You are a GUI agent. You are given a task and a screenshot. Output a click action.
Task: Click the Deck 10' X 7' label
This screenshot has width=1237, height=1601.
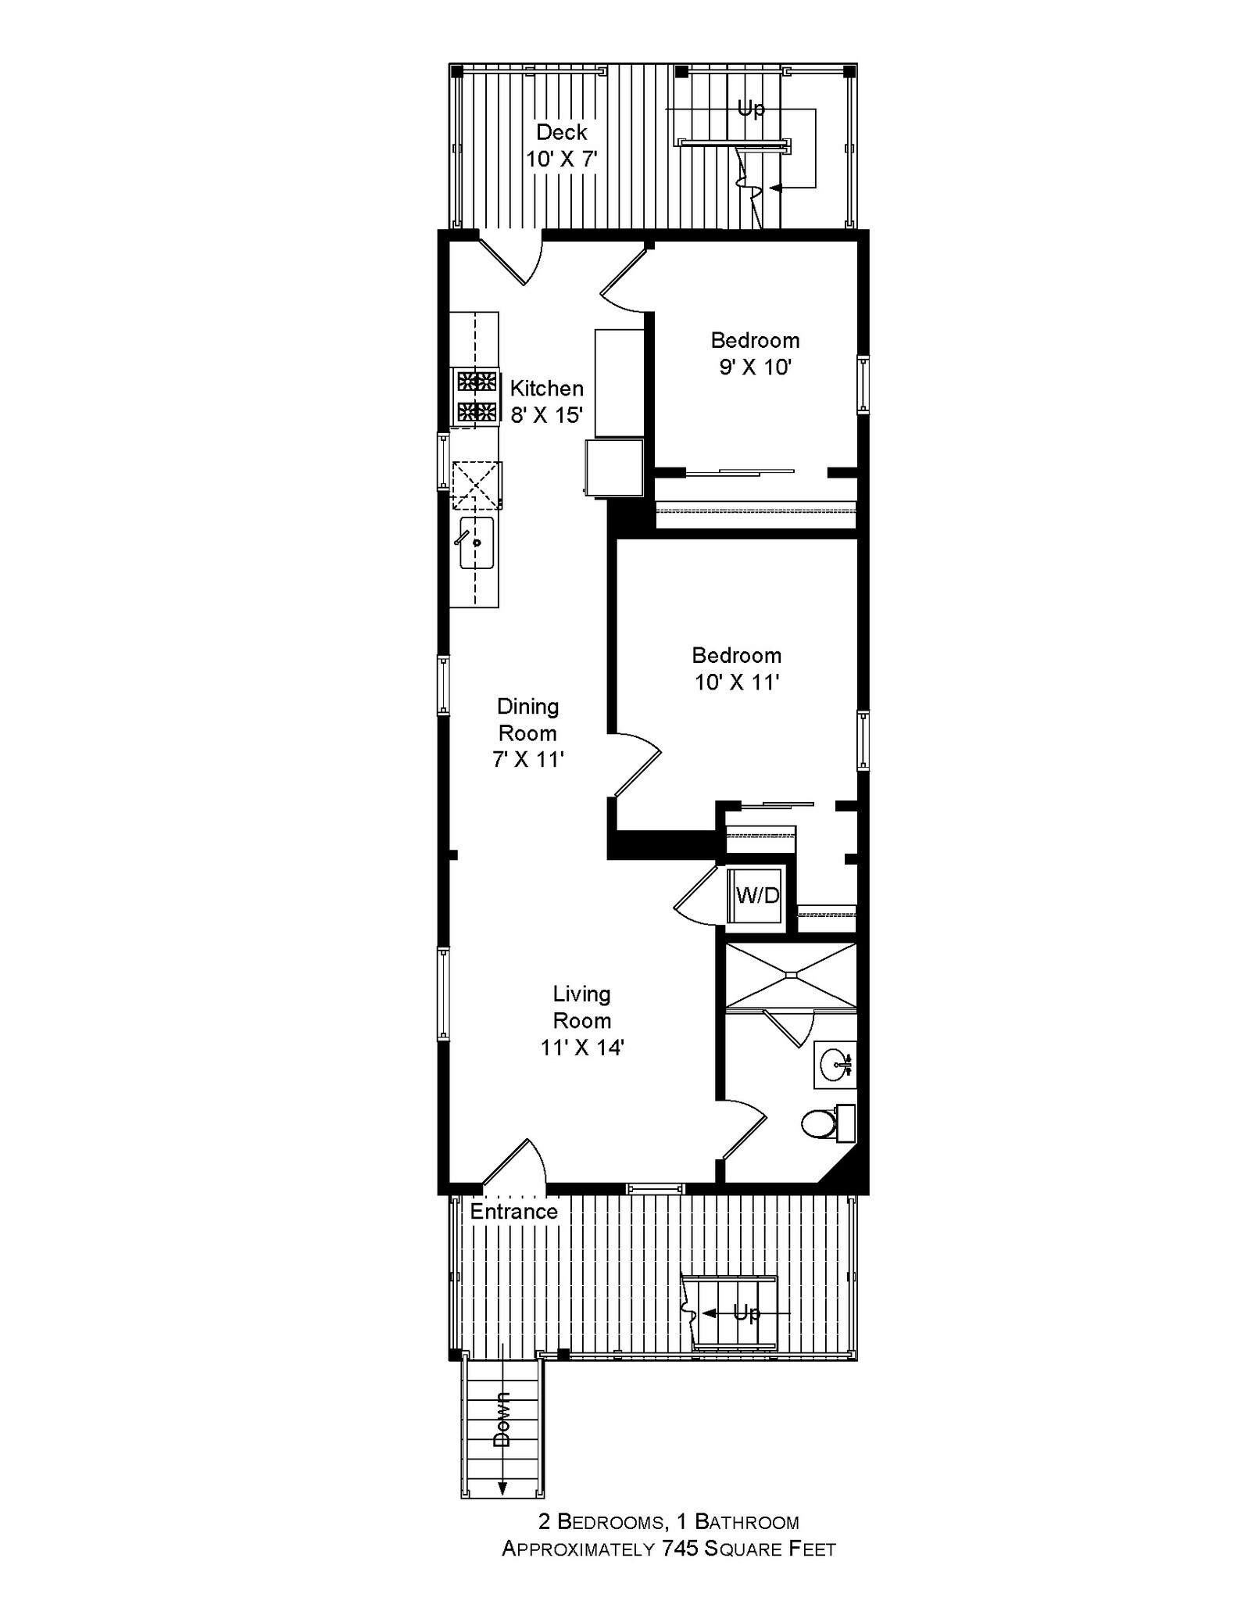tap(562, 145)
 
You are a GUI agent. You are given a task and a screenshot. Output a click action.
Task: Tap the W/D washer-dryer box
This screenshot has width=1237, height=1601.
tap(757, 895)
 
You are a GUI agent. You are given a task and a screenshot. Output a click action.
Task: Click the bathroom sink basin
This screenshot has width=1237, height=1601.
tap(835, 1064)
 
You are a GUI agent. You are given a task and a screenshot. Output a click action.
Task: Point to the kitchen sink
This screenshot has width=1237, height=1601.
tap(476, 543)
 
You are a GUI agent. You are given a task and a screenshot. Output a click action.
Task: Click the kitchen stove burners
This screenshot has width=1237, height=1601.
tap(477, 397)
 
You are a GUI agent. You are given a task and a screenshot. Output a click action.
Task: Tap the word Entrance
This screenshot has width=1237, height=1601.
tap(513, 1212)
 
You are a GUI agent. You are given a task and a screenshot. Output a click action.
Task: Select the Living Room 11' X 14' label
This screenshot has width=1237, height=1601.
tap(582, 1020)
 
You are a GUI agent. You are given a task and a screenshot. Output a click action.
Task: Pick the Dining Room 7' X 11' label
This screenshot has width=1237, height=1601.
tap(528, 732)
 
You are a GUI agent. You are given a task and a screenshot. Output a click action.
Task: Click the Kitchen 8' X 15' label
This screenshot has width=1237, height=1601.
tap(546, 401)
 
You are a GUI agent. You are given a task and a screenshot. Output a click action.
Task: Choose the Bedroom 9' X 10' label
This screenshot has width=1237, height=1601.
tap(755, 353)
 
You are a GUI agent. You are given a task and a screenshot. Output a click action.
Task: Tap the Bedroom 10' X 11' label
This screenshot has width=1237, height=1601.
tap(736, 668)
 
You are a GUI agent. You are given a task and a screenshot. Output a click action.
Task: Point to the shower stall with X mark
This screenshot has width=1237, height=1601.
tap(791, 976)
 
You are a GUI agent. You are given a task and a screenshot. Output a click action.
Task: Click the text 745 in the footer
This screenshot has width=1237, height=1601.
tap(681, 1549)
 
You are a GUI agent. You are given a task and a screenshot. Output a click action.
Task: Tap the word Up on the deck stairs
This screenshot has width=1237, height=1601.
tap(751, 108)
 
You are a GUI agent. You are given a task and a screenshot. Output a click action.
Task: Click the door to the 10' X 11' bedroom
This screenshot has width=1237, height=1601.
tap(637, 764)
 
